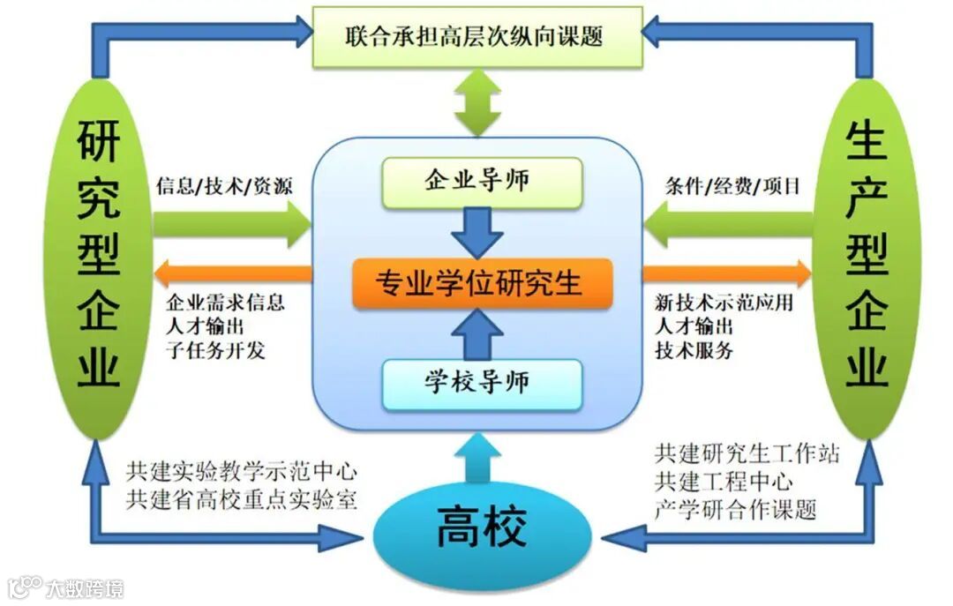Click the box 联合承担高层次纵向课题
tap(477, 37)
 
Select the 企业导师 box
tap(481, 182)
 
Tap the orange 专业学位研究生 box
tap(481, 283)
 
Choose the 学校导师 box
tap(481, 384)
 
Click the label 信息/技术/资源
tap(224, 186)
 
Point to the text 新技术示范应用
tap(724, 303)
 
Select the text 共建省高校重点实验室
tap(242, 500)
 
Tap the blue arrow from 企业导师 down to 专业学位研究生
tap(481, 231)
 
